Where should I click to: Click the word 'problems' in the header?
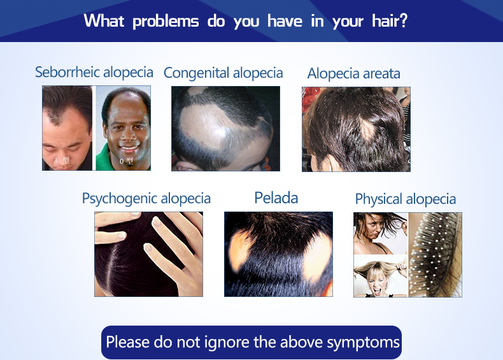166,22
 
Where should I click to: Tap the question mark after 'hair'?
404,20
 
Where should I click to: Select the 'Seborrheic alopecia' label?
94,72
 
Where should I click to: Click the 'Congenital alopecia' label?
223,73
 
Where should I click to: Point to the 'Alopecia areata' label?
354,73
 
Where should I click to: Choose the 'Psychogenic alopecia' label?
146,199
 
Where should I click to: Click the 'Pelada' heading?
276,198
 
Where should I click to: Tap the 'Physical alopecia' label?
406,199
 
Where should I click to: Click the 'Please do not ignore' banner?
251,342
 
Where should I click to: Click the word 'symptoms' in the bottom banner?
363,343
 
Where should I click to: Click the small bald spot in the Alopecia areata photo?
367,129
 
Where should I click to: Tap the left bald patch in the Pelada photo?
239,250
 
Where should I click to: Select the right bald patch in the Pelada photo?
317,257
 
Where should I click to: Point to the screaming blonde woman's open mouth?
378,291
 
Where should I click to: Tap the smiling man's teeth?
129,148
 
